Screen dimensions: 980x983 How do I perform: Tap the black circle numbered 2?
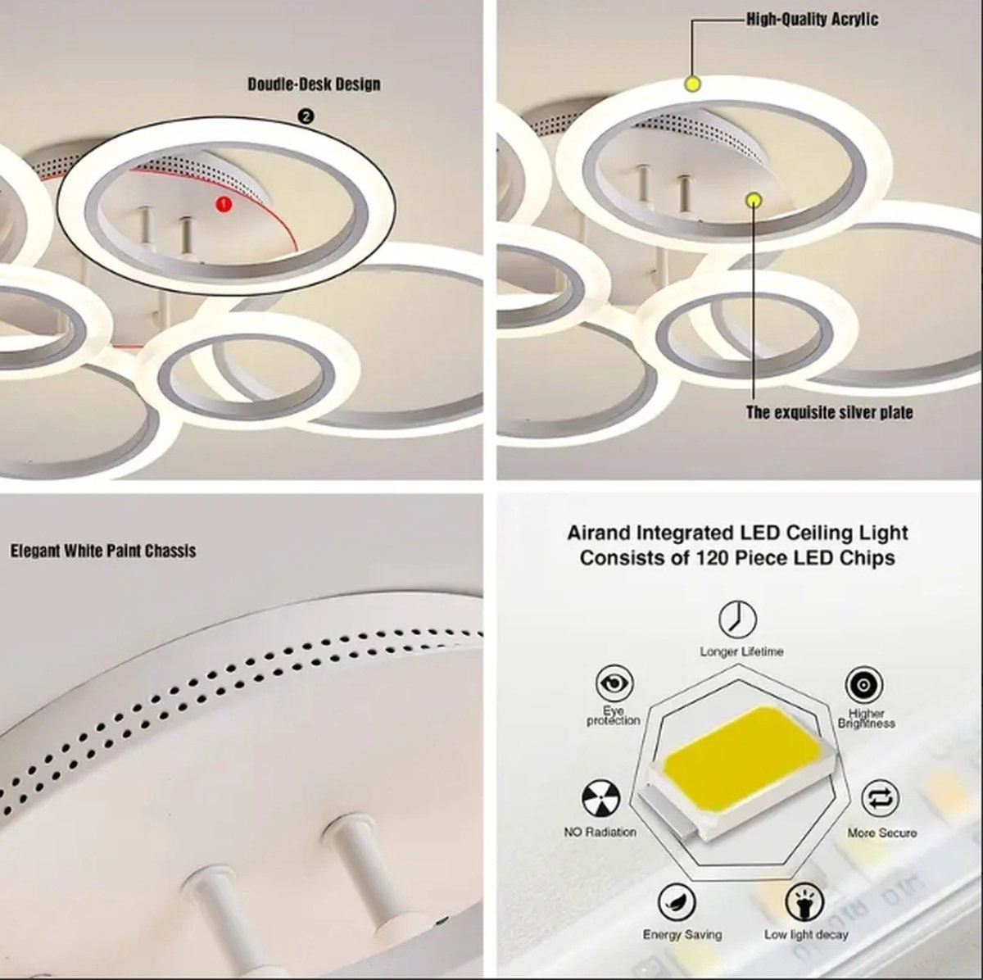[306, 117]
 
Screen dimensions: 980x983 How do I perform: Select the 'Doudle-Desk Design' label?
[314, 84]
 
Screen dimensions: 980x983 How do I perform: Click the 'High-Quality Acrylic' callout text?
[811, 19]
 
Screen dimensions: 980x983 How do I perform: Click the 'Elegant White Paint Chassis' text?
[103, 551]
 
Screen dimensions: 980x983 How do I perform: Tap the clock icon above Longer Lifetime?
[737, 620]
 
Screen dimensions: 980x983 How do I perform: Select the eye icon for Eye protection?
[614, 683]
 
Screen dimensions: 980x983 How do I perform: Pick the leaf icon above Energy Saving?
[676, 903]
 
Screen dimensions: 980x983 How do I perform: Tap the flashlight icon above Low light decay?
[804, 903]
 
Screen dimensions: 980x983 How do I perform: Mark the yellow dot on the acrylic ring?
[692, 84]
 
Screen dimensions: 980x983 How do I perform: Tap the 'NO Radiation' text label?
[600, 832]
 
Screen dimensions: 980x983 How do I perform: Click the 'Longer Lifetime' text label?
[741, 651]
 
